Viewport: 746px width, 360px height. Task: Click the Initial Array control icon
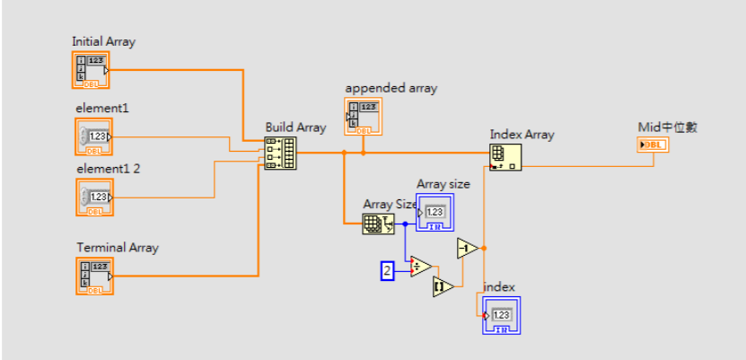tap(91, 69)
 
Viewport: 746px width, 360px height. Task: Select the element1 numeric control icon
tap(94, 136)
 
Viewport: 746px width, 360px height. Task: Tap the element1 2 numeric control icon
tap(94, 197)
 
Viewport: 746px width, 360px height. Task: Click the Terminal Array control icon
tap(94, 276)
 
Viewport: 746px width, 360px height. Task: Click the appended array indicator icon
tap(364, 116)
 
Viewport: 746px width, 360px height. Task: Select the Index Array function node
tap(506, 155)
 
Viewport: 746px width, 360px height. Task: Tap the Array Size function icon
tap(378, 224)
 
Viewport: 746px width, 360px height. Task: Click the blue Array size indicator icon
tap(434, 212)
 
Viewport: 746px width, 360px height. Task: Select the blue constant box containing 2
tap(388, 270)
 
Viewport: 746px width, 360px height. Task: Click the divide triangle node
tap(420, 266)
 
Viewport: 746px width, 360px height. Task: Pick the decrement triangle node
tap(468, 248)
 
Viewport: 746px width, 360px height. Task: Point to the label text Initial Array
tap(103, 41)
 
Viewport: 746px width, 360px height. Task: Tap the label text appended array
tap(391, 88)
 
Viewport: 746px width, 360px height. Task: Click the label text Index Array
tap(522, 135)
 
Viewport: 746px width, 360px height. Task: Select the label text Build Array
tap(295, 127)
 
